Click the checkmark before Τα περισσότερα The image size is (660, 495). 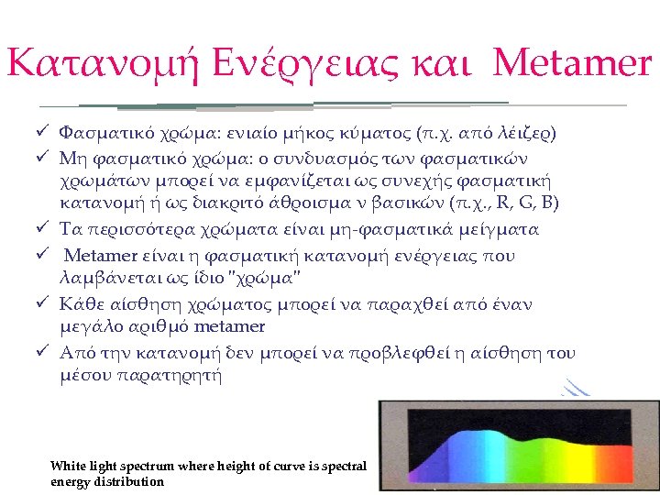coord(41,229)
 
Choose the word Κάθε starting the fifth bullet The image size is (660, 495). coord(80,303)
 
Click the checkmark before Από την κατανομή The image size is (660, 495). coord(41,353)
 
